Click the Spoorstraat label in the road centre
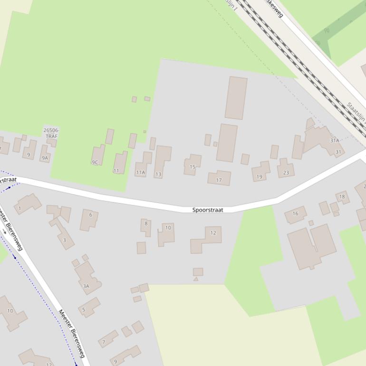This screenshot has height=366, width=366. [x=208, y=210]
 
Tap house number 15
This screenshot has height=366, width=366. [x=193, y=167]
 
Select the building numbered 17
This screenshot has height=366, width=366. [x=219, y=180]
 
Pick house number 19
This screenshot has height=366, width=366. [x=259, y=177]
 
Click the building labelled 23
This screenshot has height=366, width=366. [x=286, y=173]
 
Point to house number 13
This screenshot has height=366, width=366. [x=158, y=174]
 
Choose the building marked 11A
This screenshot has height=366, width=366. [x=140, y=173]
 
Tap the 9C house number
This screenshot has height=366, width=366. [x=95, y=163]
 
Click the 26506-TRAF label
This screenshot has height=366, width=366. [x=51, y=133]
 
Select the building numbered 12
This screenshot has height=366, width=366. [x=213, y=233]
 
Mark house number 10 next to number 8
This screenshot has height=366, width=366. [x=168, y=228]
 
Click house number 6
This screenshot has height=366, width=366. [x=90, y=215]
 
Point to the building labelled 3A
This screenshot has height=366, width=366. [x=86, y=286]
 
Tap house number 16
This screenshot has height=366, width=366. [x=295, y=213]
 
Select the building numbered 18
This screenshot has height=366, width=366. [x=342, y=197]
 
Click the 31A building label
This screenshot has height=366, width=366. [x=335, y=141]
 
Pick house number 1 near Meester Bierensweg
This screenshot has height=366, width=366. [x=19, y=208]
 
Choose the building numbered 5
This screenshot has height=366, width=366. [x=84, y=310]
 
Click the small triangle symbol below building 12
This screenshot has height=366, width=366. [x=196, y=279]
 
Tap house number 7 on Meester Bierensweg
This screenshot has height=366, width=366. [x=104, y=342]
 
